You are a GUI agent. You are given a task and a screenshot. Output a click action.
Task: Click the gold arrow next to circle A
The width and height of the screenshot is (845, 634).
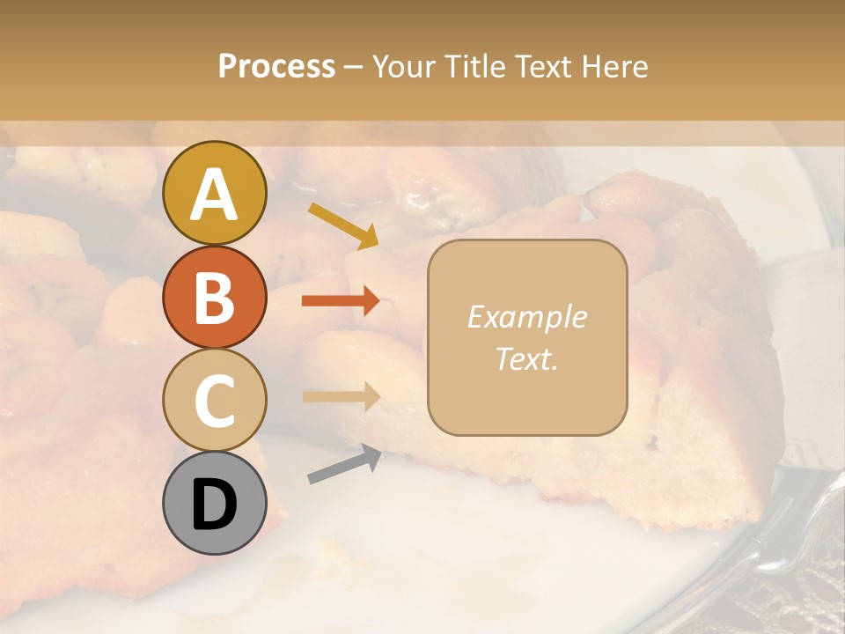343,225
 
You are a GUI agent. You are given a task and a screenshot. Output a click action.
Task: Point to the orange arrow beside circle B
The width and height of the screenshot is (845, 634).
341,300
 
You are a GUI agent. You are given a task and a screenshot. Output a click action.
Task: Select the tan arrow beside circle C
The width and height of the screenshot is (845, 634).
341,396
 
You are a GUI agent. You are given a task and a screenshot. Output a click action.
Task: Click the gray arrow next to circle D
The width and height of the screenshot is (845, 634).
344,464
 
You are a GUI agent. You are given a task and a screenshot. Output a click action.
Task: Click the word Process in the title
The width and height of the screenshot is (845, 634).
276,66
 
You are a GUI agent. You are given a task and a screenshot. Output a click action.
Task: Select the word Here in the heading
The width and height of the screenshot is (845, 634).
615,66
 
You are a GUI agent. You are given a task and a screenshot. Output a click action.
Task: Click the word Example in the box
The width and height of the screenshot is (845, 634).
526,317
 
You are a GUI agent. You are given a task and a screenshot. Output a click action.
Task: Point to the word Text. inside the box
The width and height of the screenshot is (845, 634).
526,358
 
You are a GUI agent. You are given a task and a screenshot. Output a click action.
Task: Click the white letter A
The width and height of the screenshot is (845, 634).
214,195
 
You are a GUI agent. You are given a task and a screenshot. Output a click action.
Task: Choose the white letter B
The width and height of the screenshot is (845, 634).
214,297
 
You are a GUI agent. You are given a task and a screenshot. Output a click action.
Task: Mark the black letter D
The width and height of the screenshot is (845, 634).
214,504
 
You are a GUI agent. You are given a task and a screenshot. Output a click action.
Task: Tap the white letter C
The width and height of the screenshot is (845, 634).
214,401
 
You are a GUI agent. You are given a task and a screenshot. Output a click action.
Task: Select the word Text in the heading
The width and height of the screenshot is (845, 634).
540,66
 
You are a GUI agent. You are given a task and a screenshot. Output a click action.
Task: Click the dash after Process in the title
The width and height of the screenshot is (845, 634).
353,68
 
